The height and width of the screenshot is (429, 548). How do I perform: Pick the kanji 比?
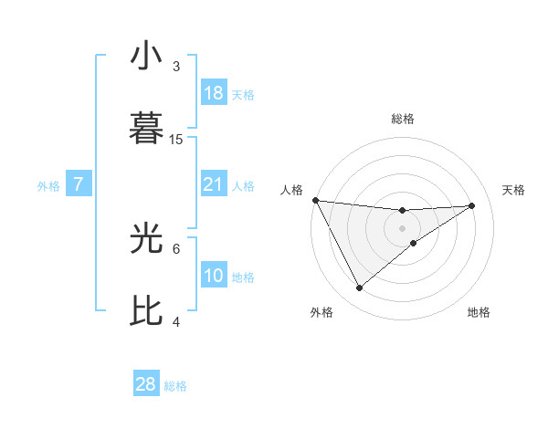pos(146,310)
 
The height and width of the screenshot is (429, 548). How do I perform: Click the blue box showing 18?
pos(214,93)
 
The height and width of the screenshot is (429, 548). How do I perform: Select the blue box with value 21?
pos(214,184)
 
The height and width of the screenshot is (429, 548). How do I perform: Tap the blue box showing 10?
pos(214,276)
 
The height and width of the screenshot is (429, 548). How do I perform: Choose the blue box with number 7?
pos(79,184)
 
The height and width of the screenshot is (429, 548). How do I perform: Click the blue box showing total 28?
pos(146,384)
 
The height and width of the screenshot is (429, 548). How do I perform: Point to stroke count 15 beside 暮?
pos(176,139)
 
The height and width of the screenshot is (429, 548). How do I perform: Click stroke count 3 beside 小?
pos(176,66)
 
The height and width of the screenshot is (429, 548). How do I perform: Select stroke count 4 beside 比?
pos(176,321)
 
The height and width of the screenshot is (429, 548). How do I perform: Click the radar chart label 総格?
pos(403,119)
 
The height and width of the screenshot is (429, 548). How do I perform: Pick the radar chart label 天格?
pos(514,190)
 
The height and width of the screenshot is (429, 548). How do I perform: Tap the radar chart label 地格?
pos(479,312)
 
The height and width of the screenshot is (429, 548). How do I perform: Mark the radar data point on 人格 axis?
pos(315,200)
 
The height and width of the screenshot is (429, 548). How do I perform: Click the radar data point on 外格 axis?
pos(359,288)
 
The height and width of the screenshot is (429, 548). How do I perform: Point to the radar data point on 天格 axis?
pos(472,205)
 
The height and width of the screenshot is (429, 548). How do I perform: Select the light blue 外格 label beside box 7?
pos(48,185)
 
